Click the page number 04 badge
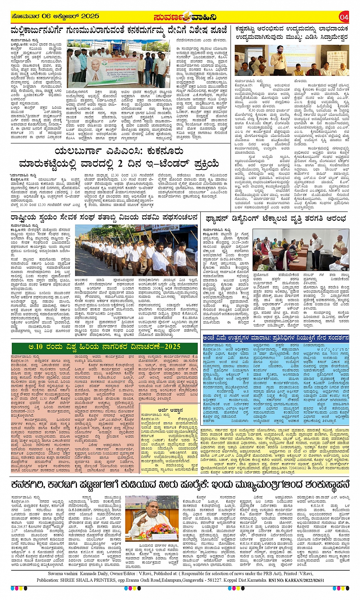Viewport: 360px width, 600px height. tap(344, 17)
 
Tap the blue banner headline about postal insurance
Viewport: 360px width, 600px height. tap(276, 338)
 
